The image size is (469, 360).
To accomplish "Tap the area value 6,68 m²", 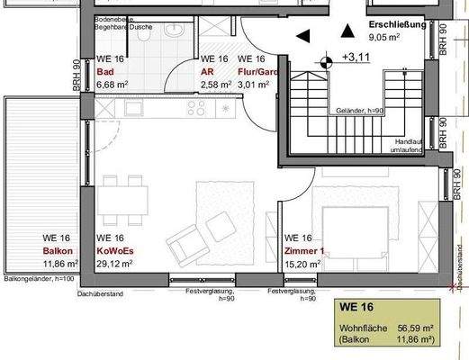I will click(x=113, y=85).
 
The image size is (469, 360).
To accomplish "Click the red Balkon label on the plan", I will click(x=58, y=252).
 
